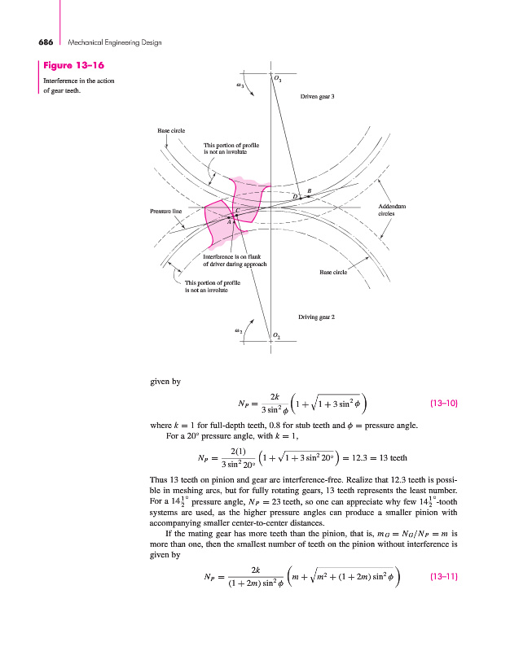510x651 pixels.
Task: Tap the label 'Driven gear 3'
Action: [x=318, y=97]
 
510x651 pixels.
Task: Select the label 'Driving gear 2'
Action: [x=319, y=315]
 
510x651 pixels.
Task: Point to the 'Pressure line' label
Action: [x=165, y=211]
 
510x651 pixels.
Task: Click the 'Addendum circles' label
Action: [x=393, y=210]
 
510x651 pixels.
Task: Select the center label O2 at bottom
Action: [x=278, y=335]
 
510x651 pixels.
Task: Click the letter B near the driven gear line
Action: [x=309, y=190]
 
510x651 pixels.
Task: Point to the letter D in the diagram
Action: [x=295, y=196]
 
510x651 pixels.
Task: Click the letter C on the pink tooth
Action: [x=237, y=211]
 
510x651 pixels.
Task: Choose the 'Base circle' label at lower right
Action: [x=333, y=273]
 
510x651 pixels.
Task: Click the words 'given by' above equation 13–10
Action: [x=165, y=380]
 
